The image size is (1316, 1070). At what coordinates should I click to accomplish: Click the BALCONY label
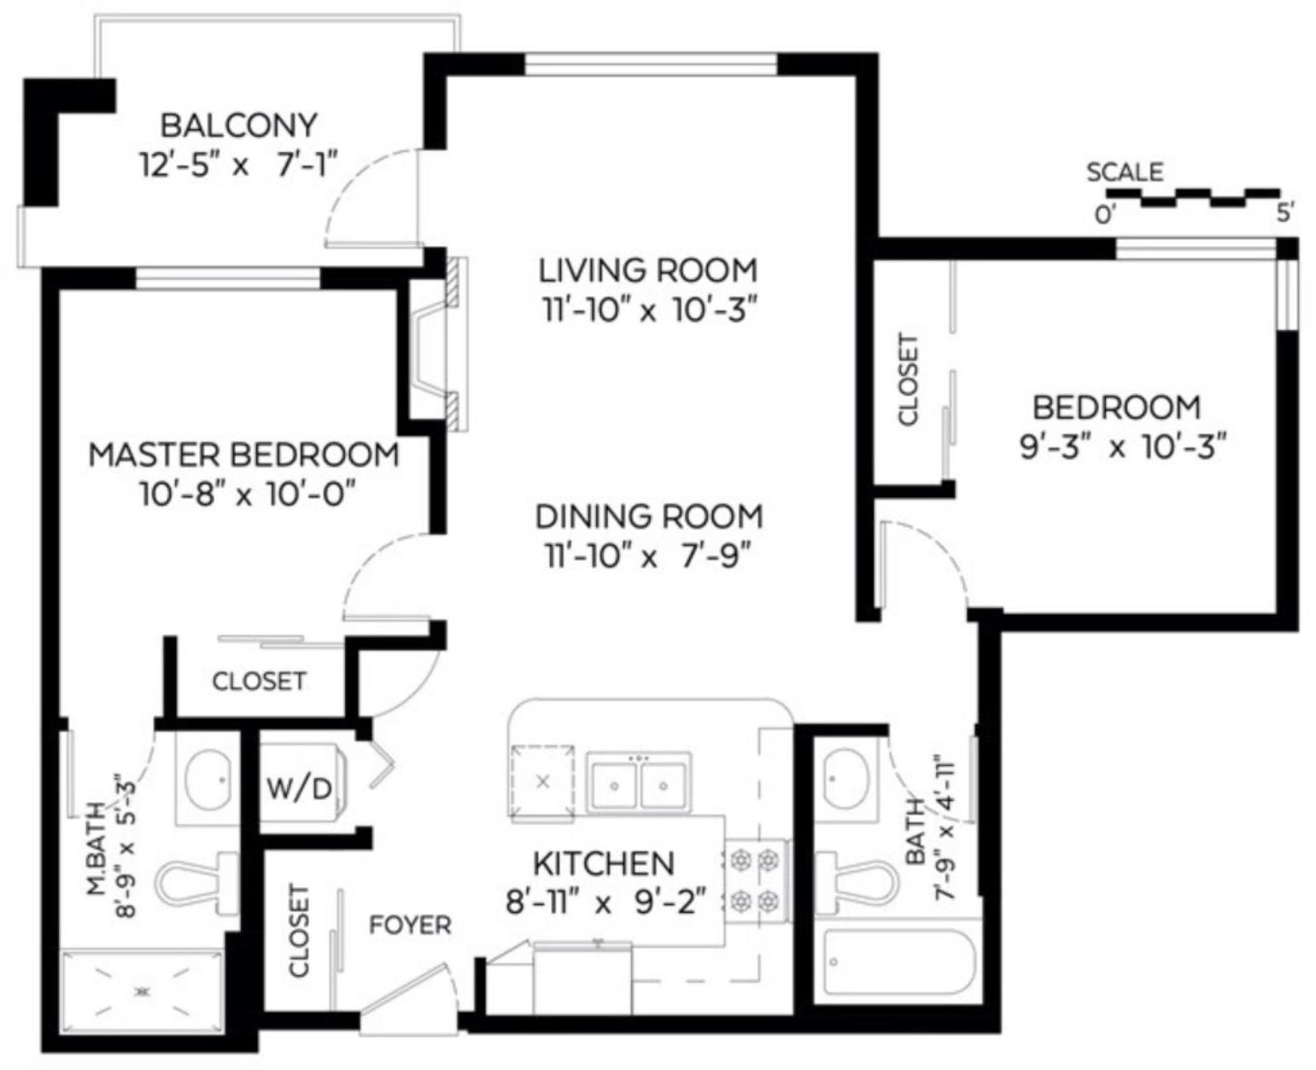tap(238, 126)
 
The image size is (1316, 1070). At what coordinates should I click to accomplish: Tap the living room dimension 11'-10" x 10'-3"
tap(649, 309)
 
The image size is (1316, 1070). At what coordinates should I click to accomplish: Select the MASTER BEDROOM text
tap(244, 454)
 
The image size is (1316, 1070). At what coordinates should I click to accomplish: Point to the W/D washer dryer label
tap(299, 788)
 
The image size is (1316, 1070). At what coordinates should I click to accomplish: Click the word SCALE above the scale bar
tap(1125, 172)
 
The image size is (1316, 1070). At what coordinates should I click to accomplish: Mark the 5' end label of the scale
tap(1285, 213)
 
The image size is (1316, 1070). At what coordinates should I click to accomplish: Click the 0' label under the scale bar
tap(1105, 215)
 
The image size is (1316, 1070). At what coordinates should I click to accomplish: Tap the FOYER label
tap(410, 925)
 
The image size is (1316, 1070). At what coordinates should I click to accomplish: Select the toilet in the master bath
tap(196, 884)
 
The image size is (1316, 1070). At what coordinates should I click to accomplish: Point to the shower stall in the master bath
tap(143, 991)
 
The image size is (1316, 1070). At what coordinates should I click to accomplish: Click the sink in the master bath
tap(208, 778)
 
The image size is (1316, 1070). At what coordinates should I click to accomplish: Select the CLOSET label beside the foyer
tap(298, 931)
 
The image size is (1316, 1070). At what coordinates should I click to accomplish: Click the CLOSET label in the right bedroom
tap(909, 379)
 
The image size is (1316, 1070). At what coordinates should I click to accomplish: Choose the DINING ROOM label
tap(649, 517)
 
